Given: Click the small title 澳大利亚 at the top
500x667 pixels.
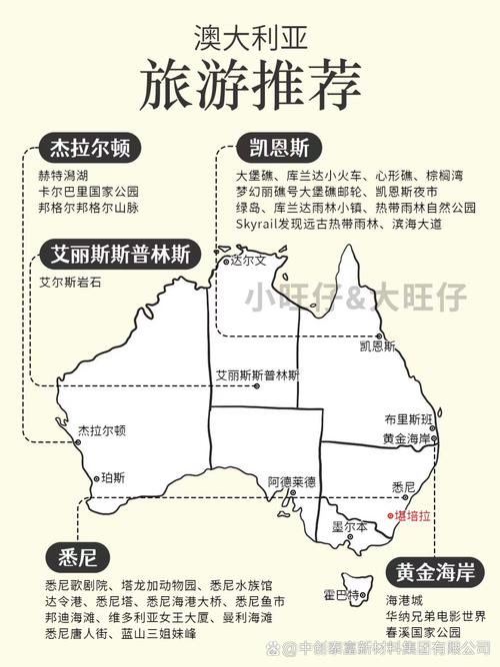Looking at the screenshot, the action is pyautogui.click(x=250, y=38).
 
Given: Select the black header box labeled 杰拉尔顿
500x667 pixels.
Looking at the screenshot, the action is pyautogui.click(x=88, y=150).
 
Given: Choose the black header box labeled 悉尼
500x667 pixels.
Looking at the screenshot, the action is pyautogui.click(x=77, y=556).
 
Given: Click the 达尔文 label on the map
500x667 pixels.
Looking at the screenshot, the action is pyautogui.click(x=249, y=261).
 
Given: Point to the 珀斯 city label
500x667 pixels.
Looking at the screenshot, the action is pyautogui.click(x=114, y=478).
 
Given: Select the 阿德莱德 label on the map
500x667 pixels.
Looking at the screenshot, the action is pyautogui.click(x=291, y=482).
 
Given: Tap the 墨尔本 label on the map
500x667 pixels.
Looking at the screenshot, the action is pyautogui.click(x=349, y=526).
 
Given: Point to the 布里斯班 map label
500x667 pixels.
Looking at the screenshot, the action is pyautogui.click(x=408, y=419).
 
